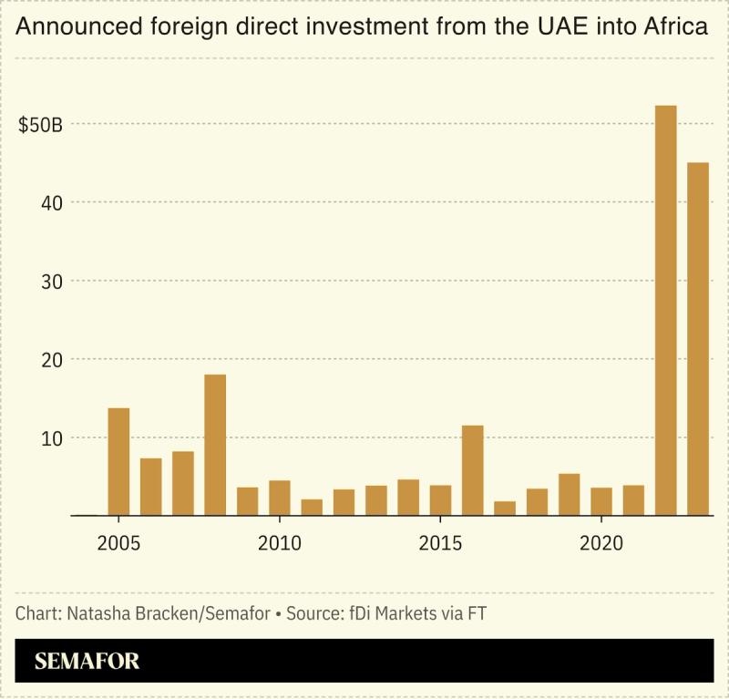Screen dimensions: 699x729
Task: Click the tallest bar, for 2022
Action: tap(666, 310)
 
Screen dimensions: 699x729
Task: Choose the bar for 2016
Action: tap(472, 470)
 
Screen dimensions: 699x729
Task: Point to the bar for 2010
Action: tap(279, 498)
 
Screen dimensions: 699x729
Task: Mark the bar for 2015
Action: tap(440, 500)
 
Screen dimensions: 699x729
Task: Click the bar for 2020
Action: tap(601, 501)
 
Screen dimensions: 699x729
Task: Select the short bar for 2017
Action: tap(505, 508)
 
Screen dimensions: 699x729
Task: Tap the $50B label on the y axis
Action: tap(40, 124)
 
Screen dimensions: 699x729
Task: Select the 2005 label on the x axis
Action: tap(118, 544)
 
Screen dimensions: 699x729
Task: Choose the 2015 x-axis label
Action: tap(440, 544)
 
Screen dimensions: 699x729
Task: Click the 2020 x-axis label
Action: tap(601, 544)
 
